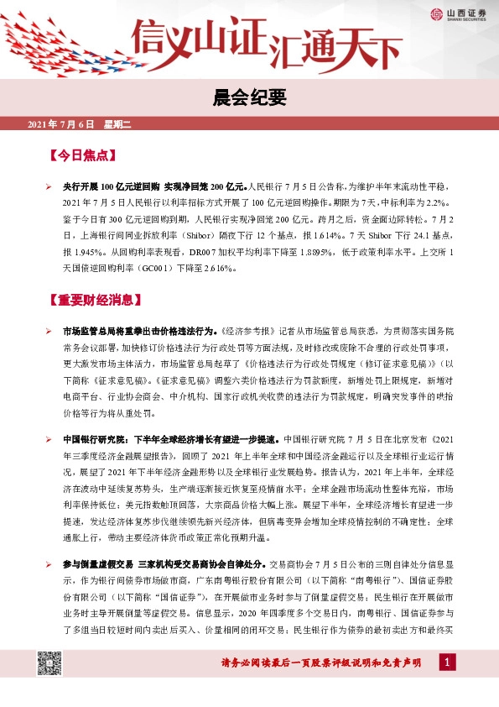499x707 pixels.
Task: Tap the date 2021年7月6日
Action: click(62, 126)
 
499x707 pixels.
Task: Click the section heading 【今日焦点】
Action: click(82, 157)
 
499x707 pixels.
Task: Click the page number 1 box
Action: click(448, 663)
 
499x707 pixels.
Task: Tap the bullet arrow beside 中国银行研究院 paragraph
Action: click(49, 439)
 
